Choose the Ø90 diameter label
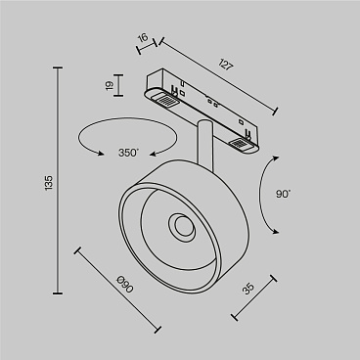122,286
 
